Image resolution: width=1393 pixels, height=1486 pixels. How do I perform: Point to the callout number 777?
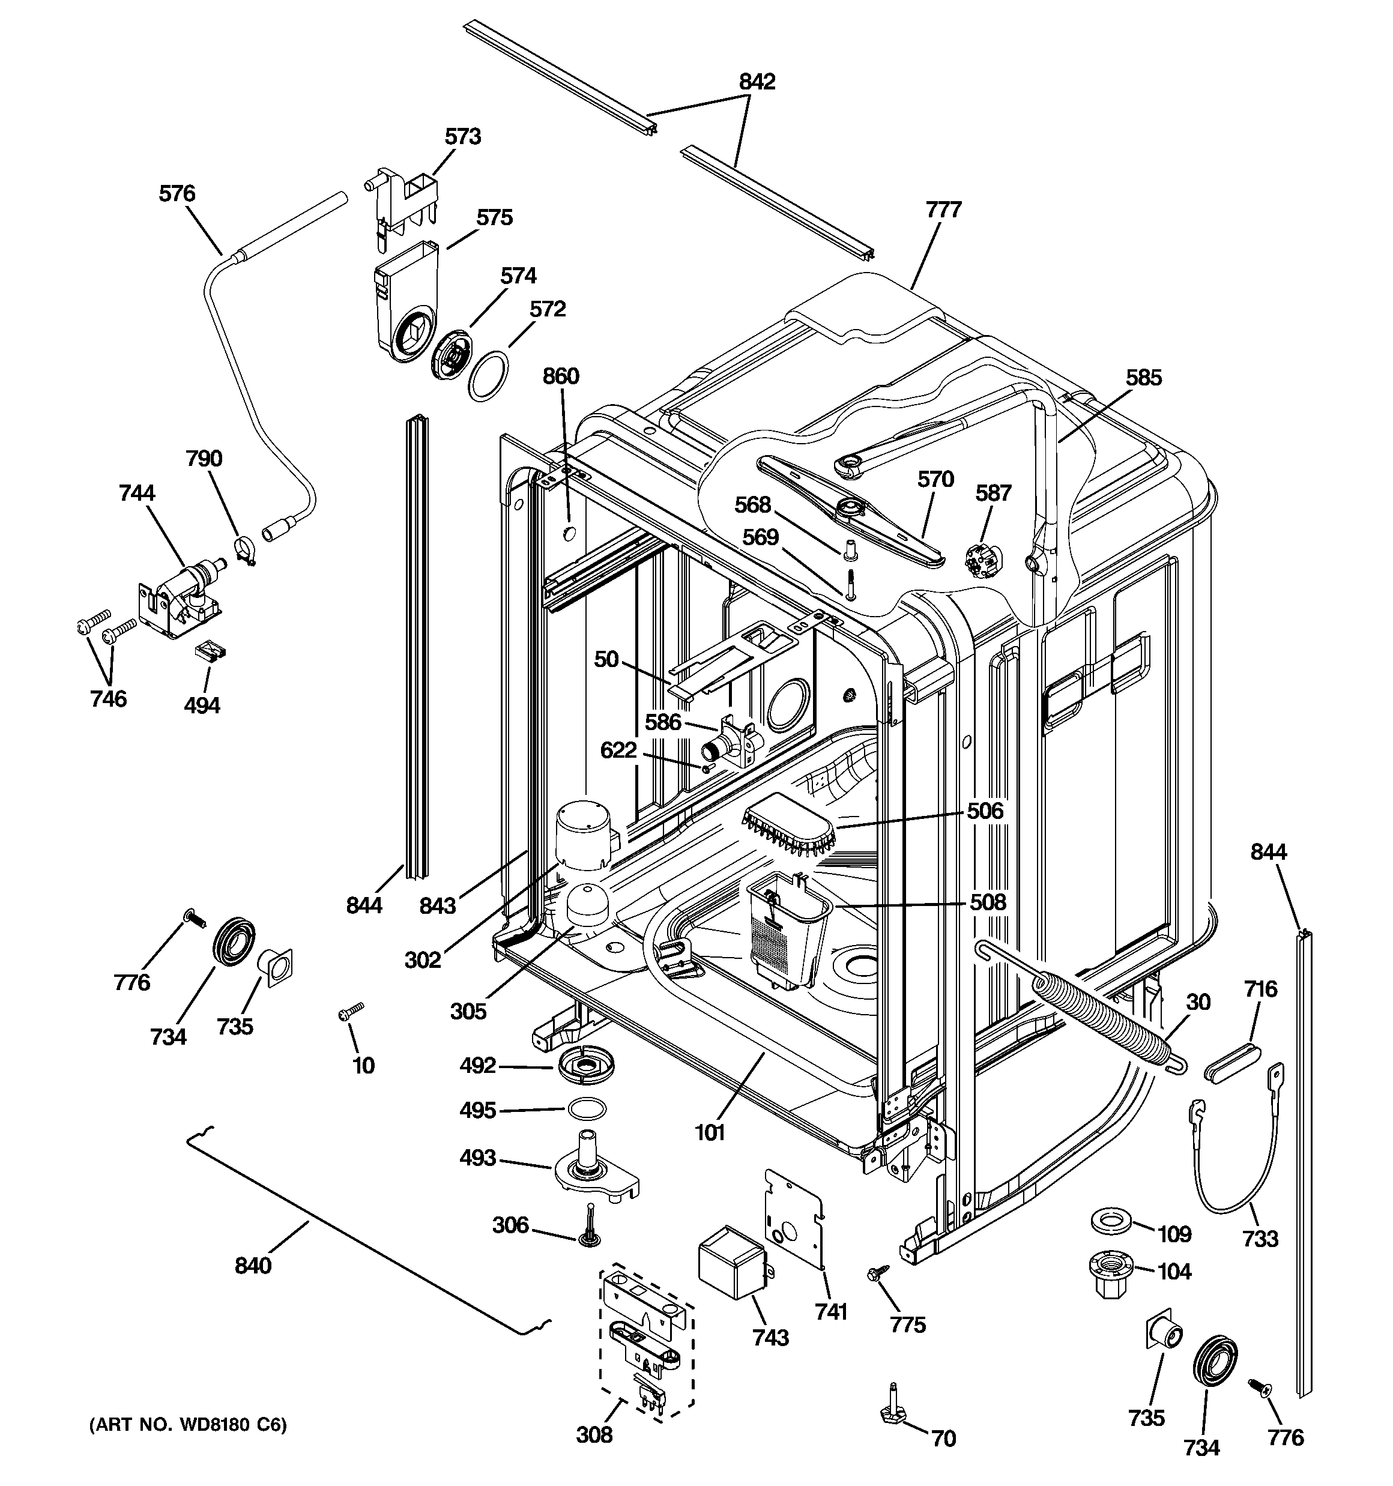coord(944,210)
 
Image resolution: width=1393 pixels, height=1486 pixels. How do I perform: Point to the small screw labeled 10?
coord(351,1012)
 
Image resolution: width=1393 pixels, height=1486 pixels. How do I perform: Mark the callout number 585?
coord(1144,378)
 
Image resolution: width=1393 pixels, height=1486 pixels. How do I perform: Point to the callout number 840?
coord(253,1266)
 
